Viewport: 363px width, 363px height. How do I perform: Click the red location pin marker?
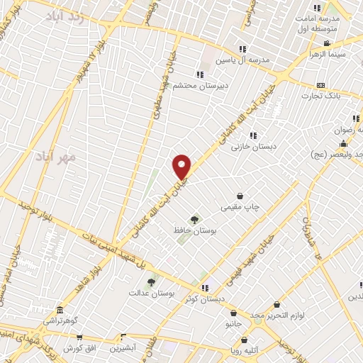point(182,167)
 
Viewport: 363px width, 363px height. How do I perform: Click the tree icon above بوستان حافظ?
point(194,220)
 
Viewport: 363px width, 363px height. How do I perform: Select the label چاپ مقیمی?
point(240,207)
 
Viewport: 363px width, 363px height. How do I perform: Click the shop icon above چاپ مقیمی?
point(240,196)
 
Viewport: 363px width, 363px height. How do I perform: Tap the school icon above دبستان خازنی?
point(252,135)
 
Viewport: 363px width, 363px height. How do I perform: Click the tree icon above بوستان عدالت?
point(151,282)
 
